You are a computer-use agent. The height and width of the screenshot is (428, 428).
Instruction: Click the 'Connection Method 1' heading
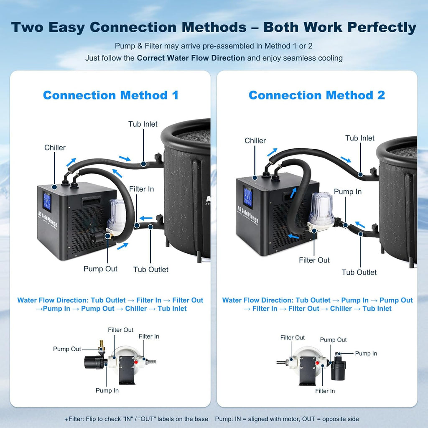[111, 95]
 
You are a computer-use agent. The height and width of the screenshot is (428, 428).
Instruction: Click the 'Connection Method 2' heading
[317, 95]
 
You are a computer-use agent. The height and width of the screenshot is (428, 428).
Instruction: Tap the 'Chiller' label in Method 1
[55, 148]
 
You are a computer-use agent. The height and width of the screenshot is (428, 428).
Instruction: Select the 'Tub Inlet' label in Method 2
[360, 138]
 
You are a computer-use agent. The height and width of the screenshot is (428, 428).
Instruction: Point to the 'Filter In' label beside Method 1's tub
[141, 189]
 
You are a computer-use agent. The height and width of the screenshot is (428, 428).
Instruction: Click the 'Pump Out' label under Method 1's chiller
[100, 269]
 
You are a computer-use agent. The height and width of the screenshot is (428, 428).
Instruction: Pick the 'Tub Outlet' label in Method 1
[150, 270]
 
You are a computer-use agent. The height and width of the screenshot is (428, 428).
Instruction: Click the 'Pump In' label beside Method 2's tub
[348, 191]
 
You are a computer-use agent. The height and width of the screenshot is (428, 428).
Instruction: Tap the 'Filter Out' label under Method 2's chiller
[314, 260]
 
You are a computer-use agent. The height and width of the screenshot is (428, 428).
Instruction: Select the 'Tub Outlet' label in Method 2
[359, 272]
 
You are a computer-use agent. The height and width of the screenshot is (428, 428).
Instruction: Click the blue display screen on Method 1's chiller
[47, 201]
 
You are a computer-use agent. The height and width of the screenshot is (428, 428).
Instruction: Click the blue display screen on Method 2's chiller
[248, 197]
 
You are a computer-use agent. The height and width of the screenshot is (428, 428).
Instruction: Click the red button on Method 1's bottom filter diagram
[136, 362]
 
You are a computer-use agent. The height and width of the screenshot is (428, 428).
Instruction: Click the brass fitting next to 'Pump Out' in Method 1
[102, 347]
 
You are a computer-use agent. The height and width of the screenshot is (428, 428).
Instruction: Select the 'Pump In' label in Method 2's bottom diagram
[366, 354]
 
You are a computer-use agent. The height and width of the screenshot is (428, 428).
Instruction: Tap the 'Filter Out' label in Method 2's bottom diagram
[292, 338]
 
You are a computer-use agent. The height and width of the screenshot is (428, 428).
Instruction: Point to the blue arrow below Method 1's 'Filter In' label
[146, 218]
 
